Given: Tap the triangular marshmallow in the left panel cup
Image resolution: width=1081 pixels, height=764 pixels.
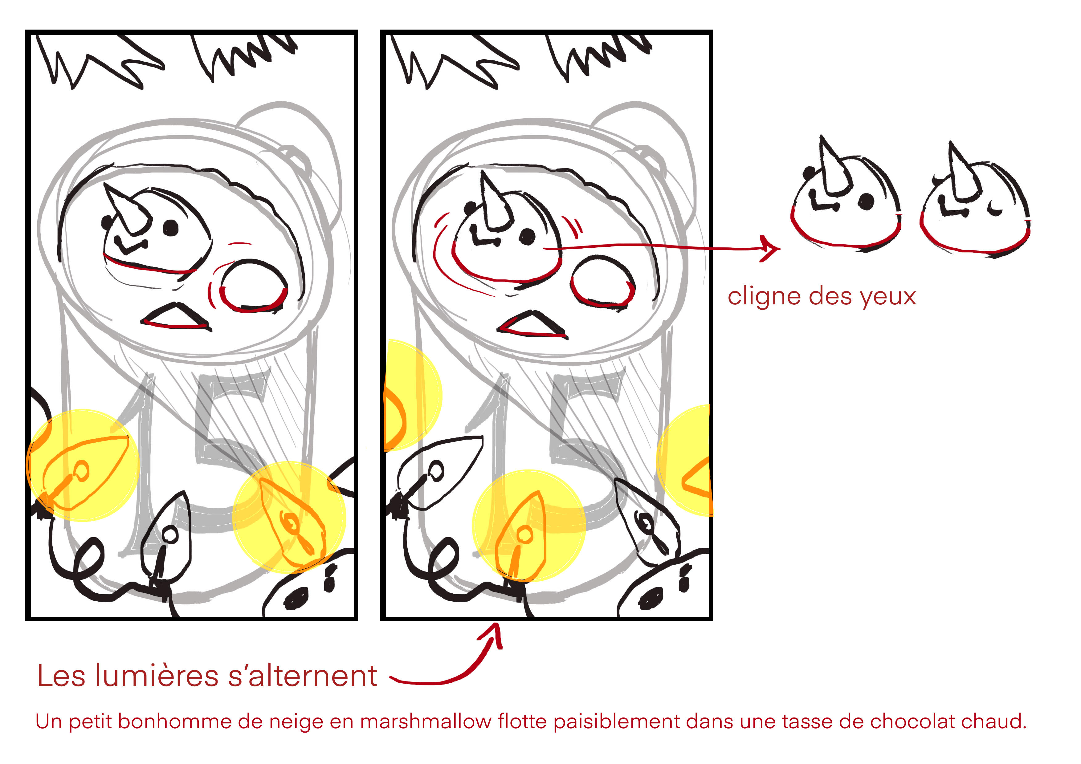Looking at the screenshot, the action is tap(175, 317).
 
